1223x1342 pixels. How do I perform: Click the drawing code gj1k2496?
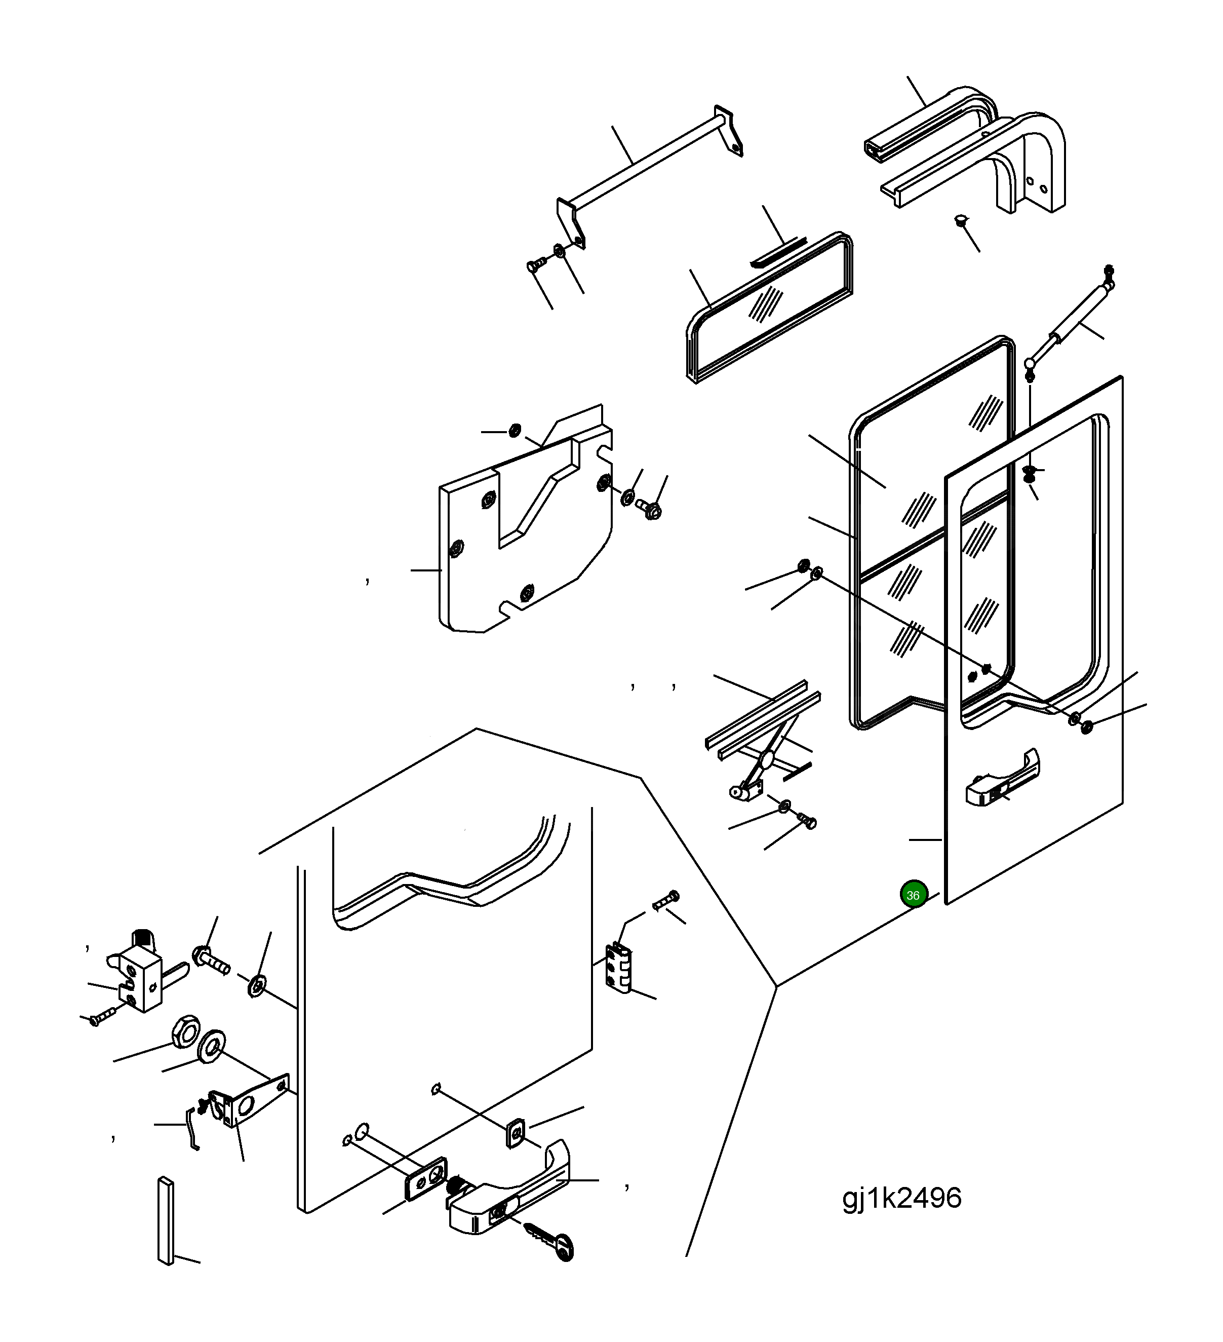click(901, 1198)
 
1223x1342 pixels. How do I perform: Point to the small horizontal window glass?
click(770, 307)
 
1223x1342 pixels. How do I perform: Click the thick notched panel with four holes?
click(526, 519)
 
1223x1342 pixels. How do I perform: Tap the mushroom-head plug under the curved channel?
click(962, 220)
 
